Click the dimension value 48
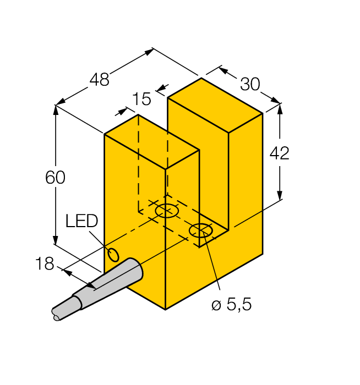point(100,80)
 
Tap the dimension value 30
point(250,84)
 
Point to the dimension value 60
point(55,178)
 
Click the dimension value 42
point(279,153)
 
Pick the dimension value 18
point(45,264)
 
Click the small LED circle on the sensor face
point(113,255)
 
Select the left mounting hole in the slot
point(167,211)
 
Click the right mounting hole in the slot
point(201,231)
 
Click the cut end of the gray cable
point(55,316)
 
